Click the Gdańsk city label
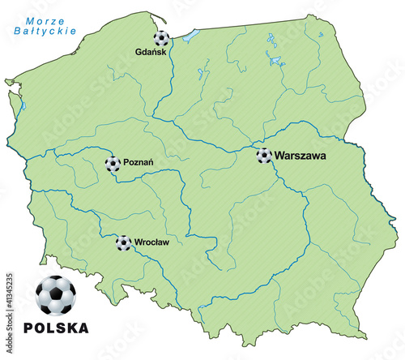click(151, 53)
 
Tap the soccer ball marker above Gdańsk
click(162, 38)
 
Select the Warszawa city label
click(300, 154)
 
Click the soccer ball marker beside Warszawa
click(264, 155)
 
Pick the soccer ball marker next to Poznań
click(113, 165)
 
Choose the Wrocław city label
click(151, 242)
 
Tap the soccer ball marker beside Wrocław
click(123, 242)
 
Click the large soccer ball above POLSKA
click(56, 295)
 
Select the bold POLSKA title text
click(57, 328)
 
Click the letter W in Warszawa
click(279, 154)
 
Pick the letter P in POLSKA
click(31, 328)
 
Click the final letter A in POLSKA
click(83, 328)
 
